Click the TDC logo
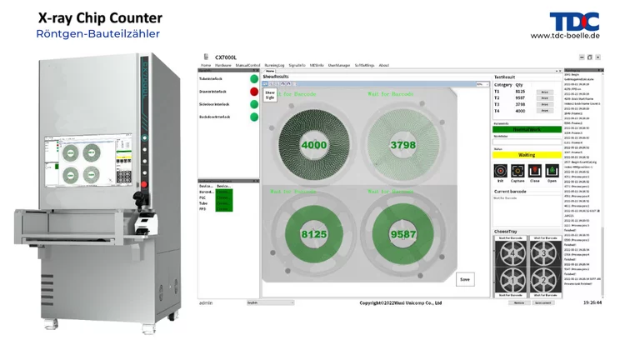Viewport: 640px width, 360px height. tap(574, 22)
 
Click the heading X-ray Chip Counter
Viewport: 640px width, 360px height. tap(100, 17)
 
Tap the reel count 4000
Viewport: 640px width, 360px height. tap(313, 145)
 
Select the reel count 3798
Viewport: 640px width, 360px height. tap(402, 145)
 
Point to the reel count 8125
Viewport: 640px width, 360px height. tap(313, 235)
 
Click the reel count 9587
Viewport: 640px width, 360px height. tap(402, 235)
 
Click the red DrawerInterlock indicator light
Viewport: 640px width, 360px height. tap(254, 92)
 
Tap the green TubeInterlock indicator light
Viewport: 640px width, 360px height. tap(254, 79)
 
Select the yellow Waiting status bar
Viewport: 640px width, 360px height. tap(527, 155)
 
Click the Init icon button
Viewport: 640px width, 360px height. tap(501, 171)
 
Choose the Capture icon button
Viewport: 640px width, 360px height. tap(517, 171)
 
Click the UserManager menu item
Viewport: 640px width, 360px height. tap(338, 65)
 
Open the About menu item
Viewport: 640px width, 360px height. tap(384, 65)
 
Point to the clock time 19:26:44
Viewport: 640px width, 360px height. tap(592, 302)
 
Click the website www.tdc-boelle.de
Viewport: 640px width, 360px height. tap(565, 36)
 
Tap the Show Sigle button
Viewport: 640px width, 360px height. tap(270, 96)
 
